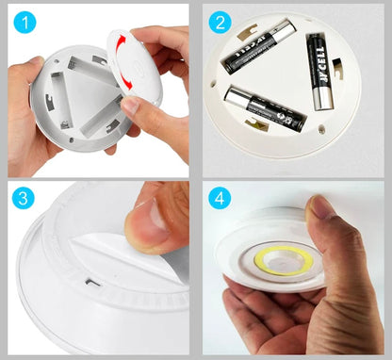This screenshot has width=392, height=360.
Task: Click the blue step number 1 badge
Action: [25, 21]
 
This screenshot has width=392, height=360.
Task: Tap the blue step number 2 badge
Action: [220, 21]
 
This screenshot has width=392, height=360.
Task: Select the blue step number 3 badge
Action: [25, 200]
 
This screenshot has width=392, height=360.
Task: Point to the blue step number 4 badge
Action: [220, 200]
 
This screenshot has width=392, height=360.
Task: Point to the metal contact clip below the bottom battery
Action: [255, 124]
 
